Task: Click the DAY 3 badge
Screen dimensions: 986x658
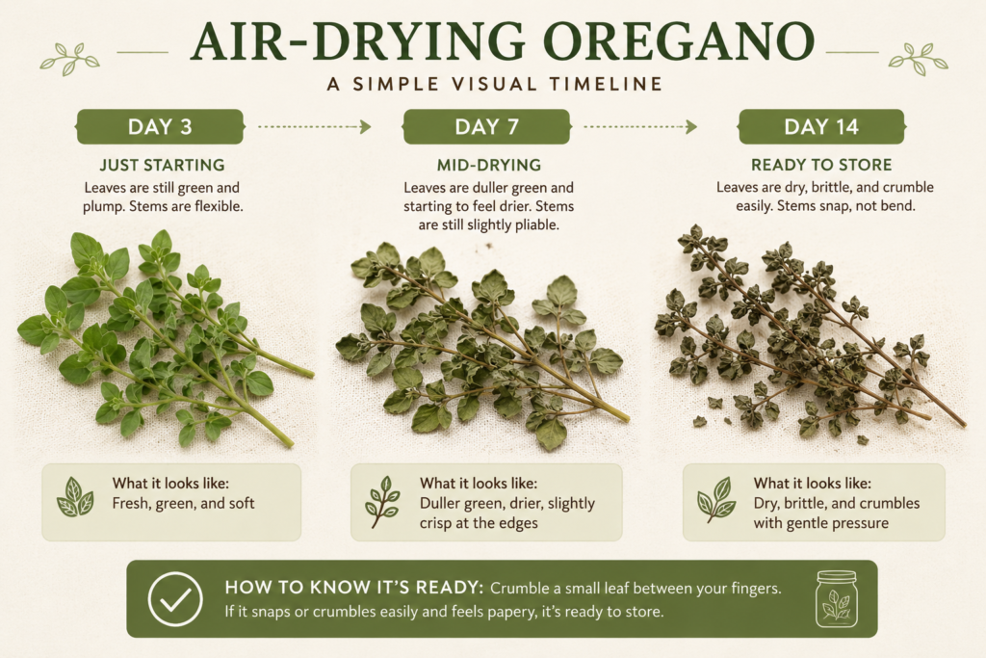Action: coord(160,126)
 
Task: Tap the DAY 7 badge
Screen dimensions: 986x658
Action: coord(486,126)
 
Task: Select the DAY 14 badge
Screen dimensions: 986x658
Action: coord(821,126)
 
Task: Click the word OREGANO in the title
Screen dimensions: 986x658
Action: coord(679,41)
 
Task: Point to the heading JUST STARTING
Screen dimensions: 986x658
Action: coord(162,165)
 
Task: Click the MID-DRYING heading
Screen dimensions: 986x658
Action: coord(489,165)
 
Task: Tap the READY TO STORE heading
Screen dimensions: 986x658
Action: coord(821,165)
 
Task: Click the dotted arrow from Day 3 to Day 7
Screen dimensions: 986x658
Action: coord(315,127)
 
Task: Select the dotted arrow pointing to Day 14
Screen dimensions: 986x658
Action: coord(640,127)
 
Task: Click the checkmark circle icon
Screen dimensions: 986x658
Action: coord(175,599)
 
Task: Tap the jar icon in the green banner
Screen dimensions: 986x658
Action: coord(837,599)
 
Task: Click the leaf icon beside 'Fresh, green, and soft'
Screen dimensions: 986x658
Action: coord(75,497)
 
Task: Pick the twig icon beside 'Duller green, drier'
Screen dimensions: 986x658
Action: coord(382,502)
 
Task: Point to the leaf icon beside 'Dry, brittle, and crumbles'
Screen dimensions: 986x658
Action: coord(716,499)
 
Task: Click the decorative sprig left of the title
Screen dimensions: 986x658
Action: coord(69,59)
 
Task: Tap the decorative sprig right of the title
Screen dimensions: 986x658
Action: coord(918,59)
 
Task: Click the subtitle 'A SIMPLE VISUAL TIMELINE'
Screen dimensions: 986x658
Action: coord(495,84)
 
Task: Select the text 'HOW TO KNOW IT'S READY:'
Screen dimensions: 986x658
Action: coord(354,588)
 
